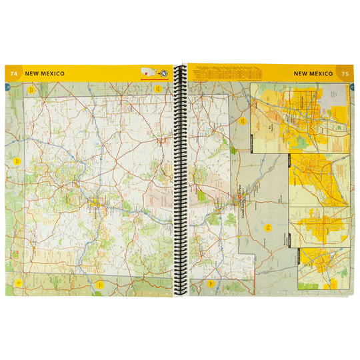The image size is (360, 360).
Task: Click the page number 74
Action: [13, 73]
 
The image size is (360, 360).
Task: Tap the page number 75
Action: [345, 73]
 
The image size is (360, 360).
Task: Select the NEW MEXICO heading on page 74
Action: [45, 73]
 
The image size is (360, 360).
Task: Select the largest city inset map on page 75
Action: [299, 118]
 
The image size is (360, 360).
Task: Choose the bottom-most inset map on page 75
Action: [324, 269]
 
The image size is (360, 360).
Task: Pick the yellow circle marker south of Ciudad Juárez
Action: [269, 227]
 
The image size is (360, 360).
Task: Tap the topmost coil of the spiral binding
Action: [179, 69]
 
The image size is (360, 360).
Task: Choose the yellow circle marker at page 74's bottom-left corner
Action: [19, 282]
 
